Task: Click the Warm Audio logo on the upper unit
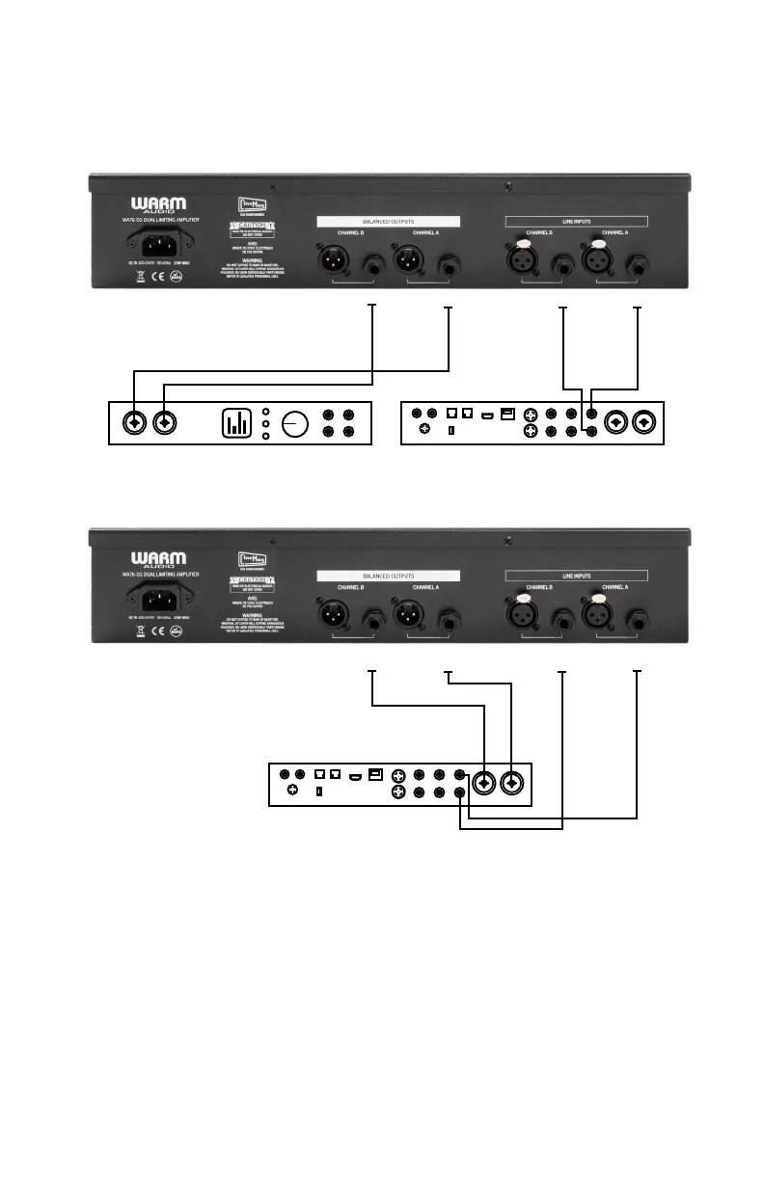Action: coord(159,206)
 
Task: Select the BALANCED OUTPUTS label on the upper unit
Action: coord(389,221)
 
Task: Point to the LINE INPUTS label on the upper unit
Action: coord(578,221)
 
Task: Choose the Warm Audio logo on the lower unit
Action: coord(159,560)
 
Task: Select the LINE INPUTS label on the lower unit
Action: coord(578,576)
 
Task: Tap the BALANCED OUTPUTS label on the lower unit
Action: coord(389,576)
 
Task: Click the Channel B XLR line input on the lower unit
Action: coord(526,616)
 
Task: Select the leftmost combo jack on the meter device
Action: coord(134,422)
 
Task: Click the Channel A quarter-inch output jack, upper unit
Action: coord(449,263)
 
